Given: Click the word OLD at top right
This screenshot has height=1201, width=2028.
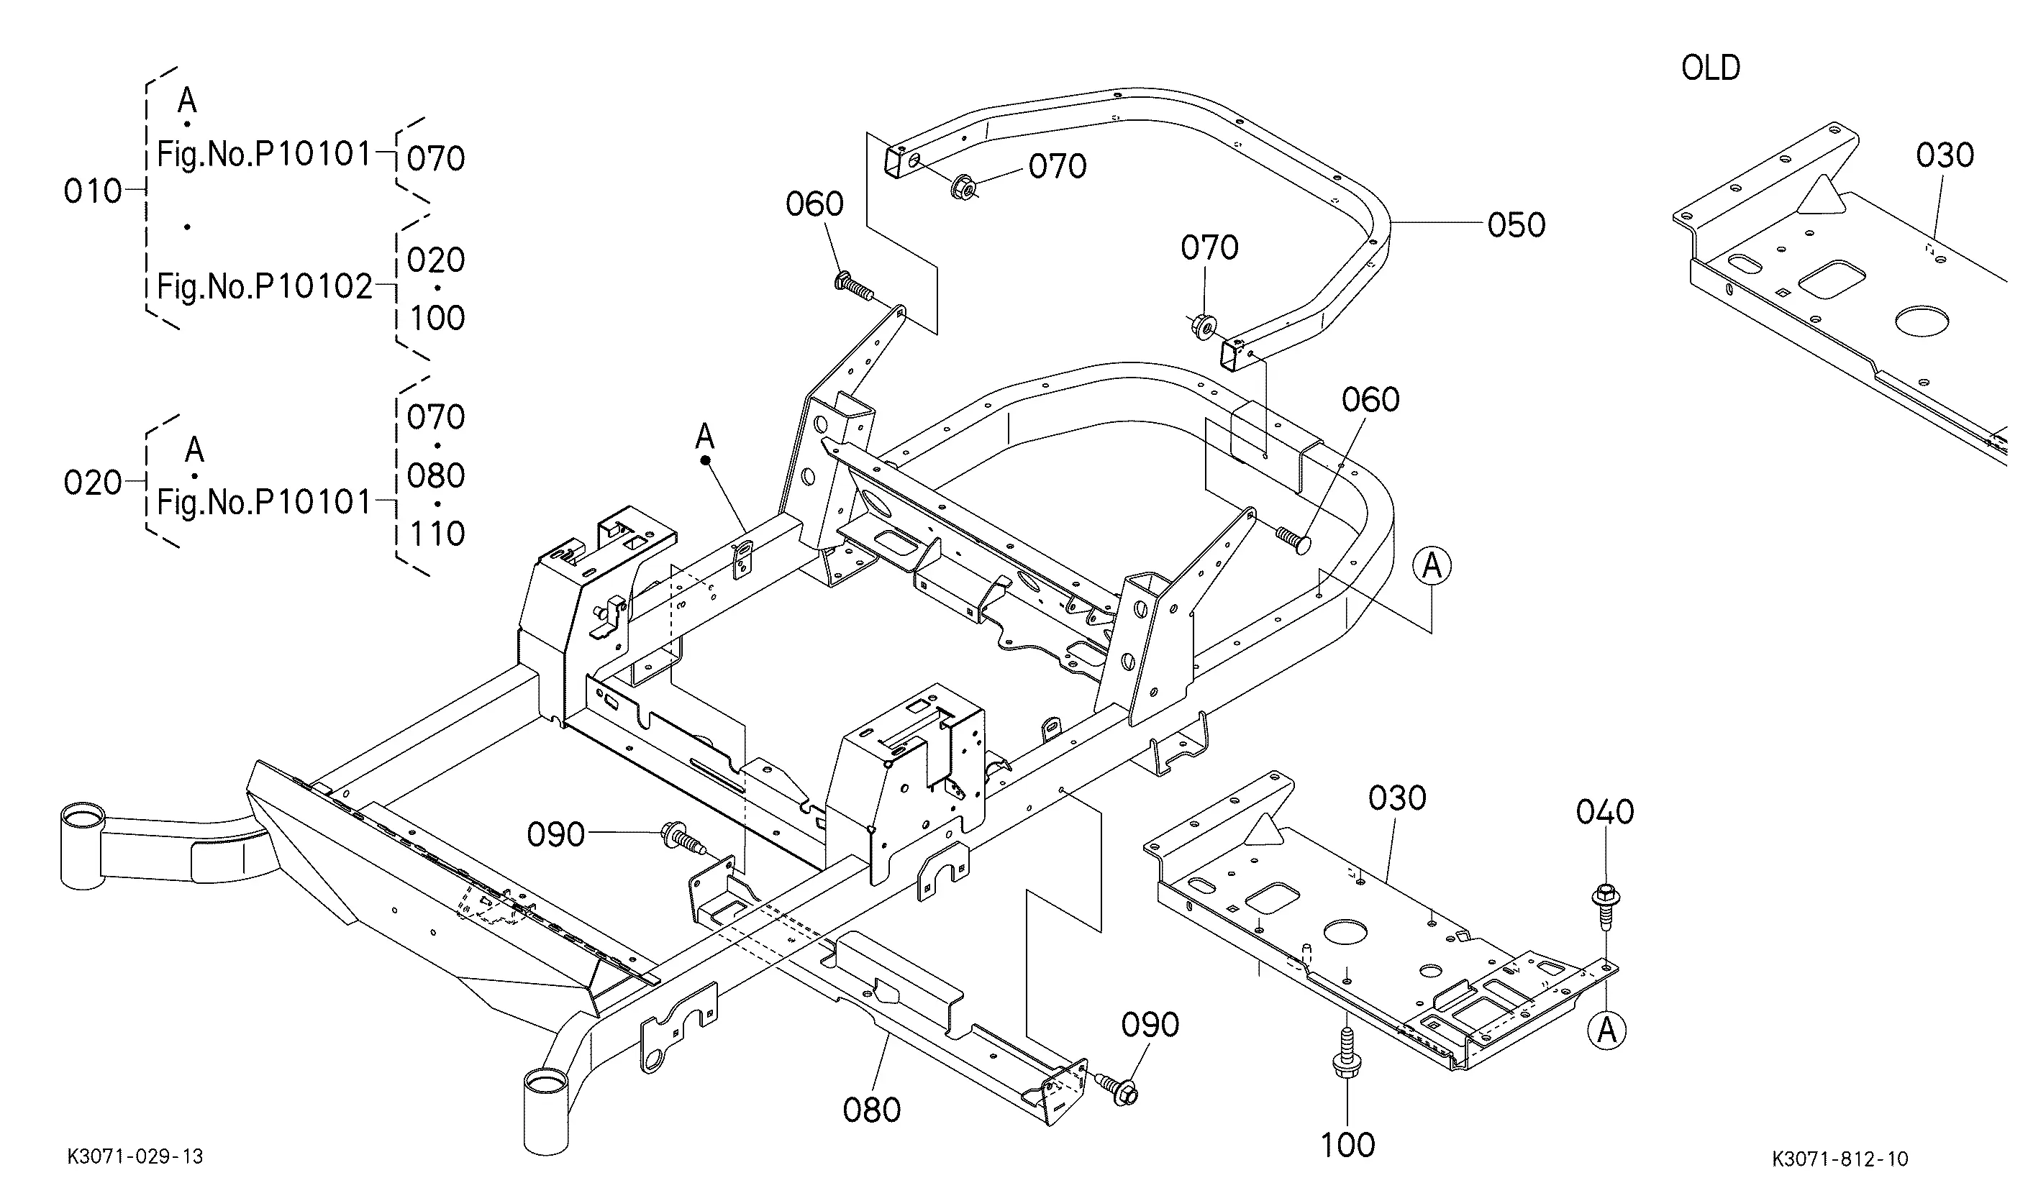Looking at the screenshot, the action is (1710, 68).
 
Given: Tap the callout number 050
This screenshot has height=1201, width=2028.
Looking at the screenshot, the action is (1517, 225).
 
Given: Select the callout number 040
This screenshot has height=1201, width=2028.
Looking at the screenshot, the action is (1604, 812).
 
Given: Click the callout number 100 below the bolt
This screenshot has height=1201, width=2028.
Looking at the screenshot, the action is (1347, 1145).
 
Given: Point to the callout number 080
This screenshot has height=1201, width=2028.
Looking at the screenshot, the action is (871, 1110).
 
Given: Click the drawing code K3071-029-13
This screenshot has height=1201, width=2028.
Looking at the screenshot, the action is (135, 1156).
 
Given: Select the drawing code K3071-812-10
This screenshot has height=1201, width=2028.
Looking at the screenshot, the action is (1840, 1159).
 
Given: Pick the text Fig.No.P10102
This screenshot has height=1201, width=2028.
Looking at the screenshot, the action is (265, 286).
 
